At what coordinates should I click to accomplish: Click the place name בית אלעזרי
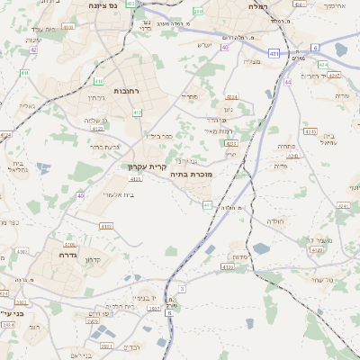click(119, 193)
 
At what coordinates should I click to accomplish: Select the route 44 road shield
click(288, 82)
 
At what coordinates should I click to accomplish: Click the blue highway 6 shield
click(315, 46)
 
